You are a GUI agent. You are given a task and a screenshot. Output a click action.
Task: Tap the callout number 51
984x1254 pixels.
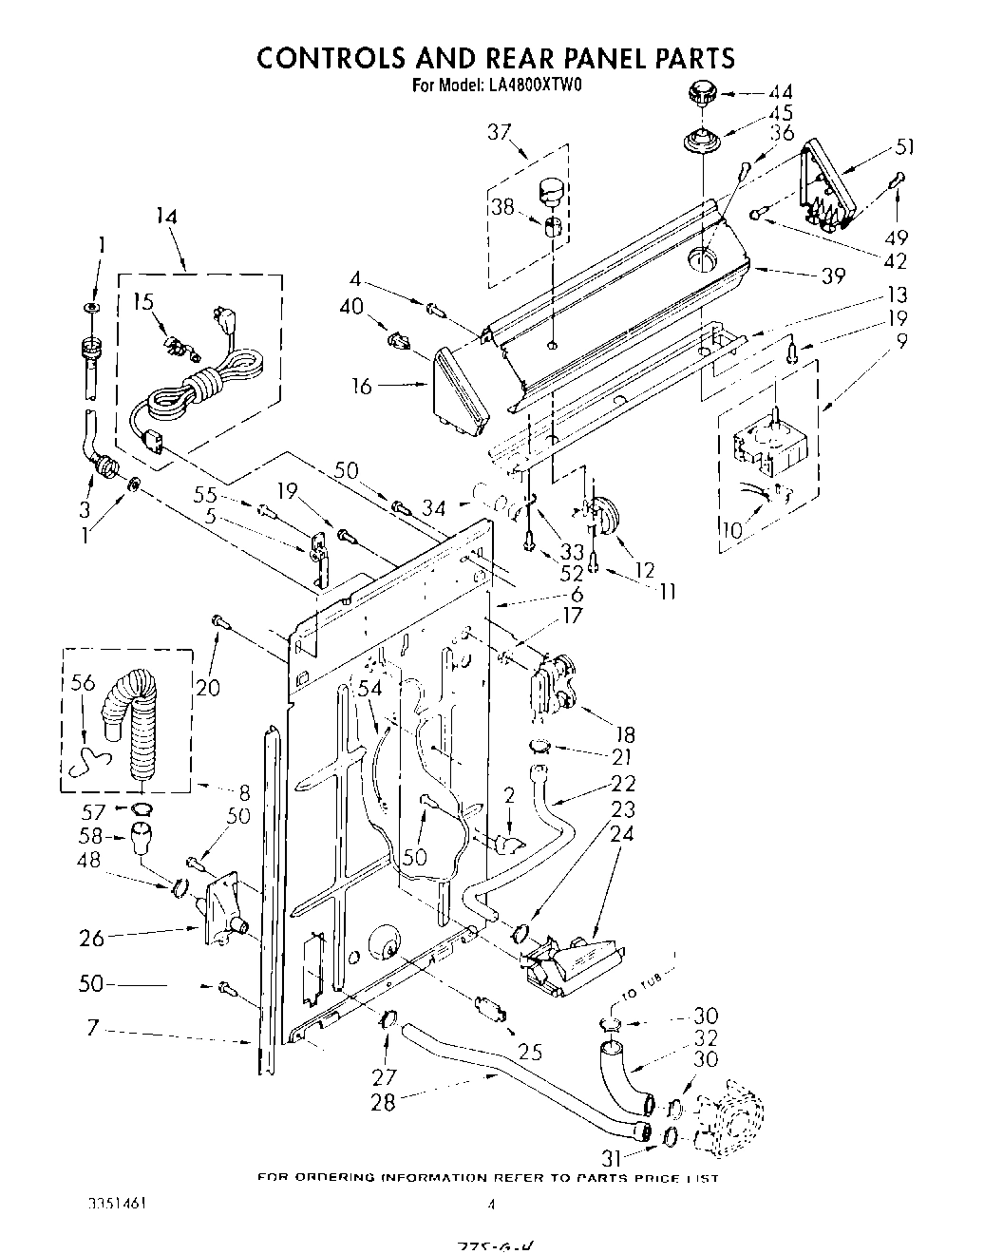[x=906, y=146]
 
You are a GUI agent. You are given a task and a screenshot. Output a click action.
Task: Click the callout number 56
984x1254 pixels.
[x=84, y=682]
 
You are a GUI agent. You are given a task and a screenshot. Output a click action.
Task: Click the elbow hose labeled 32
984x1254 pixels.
[x=623, y=1077]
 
